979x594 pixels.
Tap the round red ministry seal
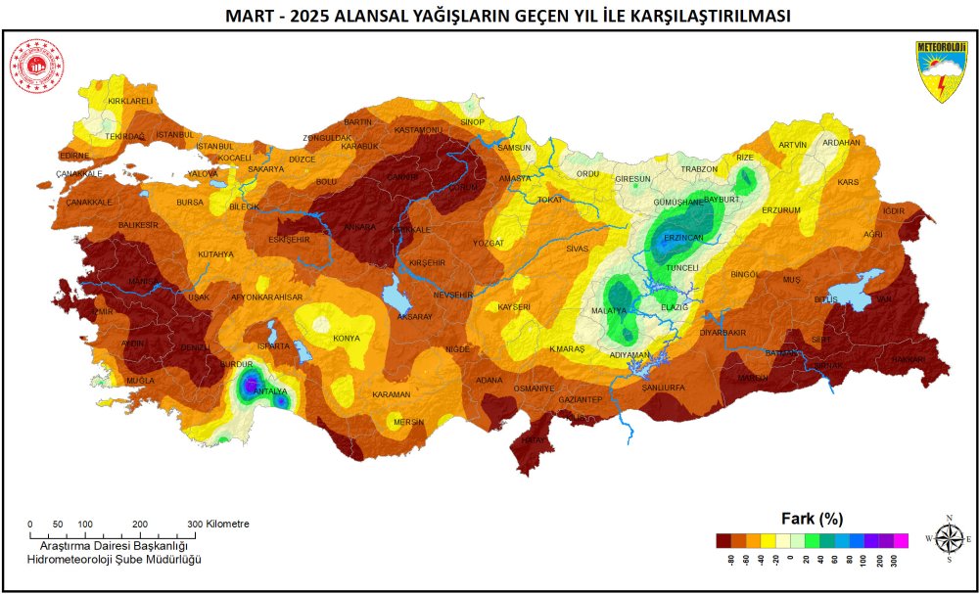pos(36,66)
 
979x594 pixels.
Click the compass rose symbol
pos(948,538)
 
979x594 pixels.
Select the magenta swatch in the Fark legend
pos(902,540)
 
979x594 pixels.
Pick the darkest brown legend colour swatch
pos(723,540)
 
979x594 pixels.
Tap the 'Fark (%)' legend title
pos(812,518)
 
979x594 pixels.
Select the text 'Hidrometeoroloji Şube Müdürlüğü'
pos(114,558)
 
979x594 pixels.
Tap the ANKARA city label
pos(359,227)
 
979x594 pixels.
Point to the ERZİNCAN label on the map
pos(683,238)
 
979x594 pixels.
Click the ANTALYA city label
pos(270,391)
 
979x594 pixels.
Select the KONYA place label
pos(347,339)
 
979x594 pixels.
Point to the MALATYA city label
pos(609,310)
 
